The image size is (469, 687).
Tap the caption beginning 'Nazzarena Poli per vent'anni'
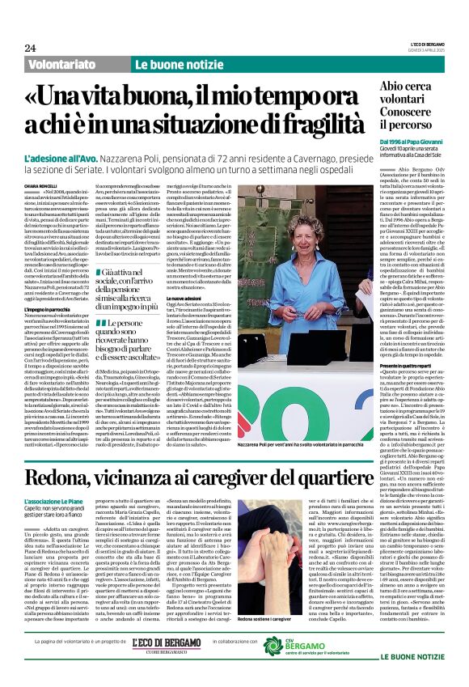pos(303,446)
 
